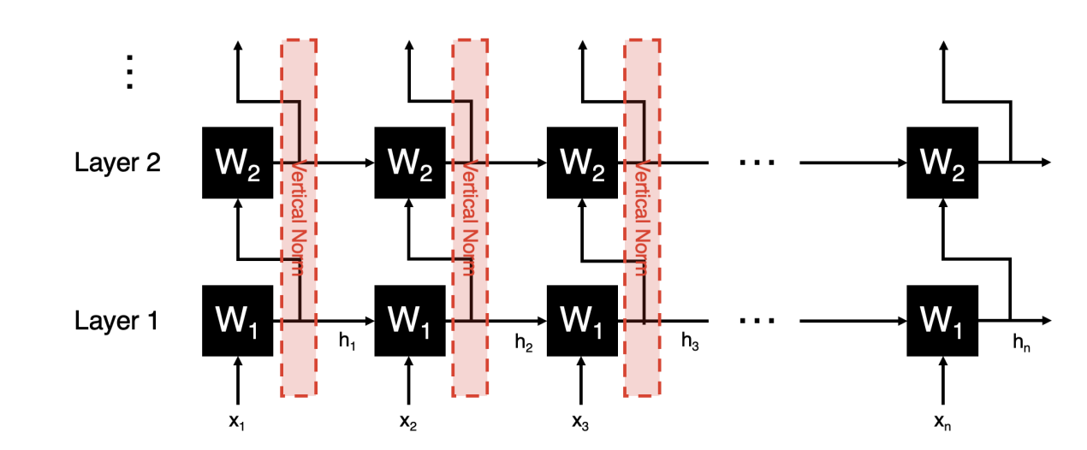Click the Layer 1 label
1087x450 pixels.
tap(116, 321)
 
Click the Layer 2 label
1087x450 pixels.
tap(117, 163)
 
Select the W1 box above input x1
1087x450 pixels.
tap(238, 321)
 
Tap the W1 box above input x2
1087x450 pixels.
tap(410, 321)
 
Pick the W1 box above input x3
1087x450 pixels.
tap(582, 321)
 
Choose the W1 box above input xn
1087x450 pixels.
tap(942, 321)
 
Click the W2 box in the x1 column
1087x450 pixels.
tap(238, 163)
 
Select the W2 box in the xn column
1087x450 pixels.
tap(942, 163)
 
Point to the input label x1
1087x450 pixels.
tap(237, 423)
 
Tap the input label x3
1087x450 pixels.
tap(580, 423)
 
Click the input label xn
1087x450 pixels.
tap(942, 423)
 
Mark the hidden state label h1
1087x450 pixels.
tap(347, 341)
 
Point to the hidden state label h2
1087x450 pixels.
tap(524, 343)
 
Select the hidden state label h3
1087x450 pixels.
tap(690, 341)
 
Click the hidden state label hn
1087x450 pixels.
tap(1021, 343)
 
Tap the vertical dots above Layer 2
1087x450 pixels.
tap(129, 72)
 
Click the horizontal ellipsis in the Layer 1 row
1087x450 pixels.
tap(757, 321)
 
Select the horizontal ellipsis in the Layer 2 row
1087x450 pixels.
tap(757, 163)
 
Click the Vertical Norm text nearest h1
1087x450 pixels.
tap(298, 217)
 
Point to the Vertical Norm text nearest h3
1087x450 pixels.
tap(643, 217)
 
